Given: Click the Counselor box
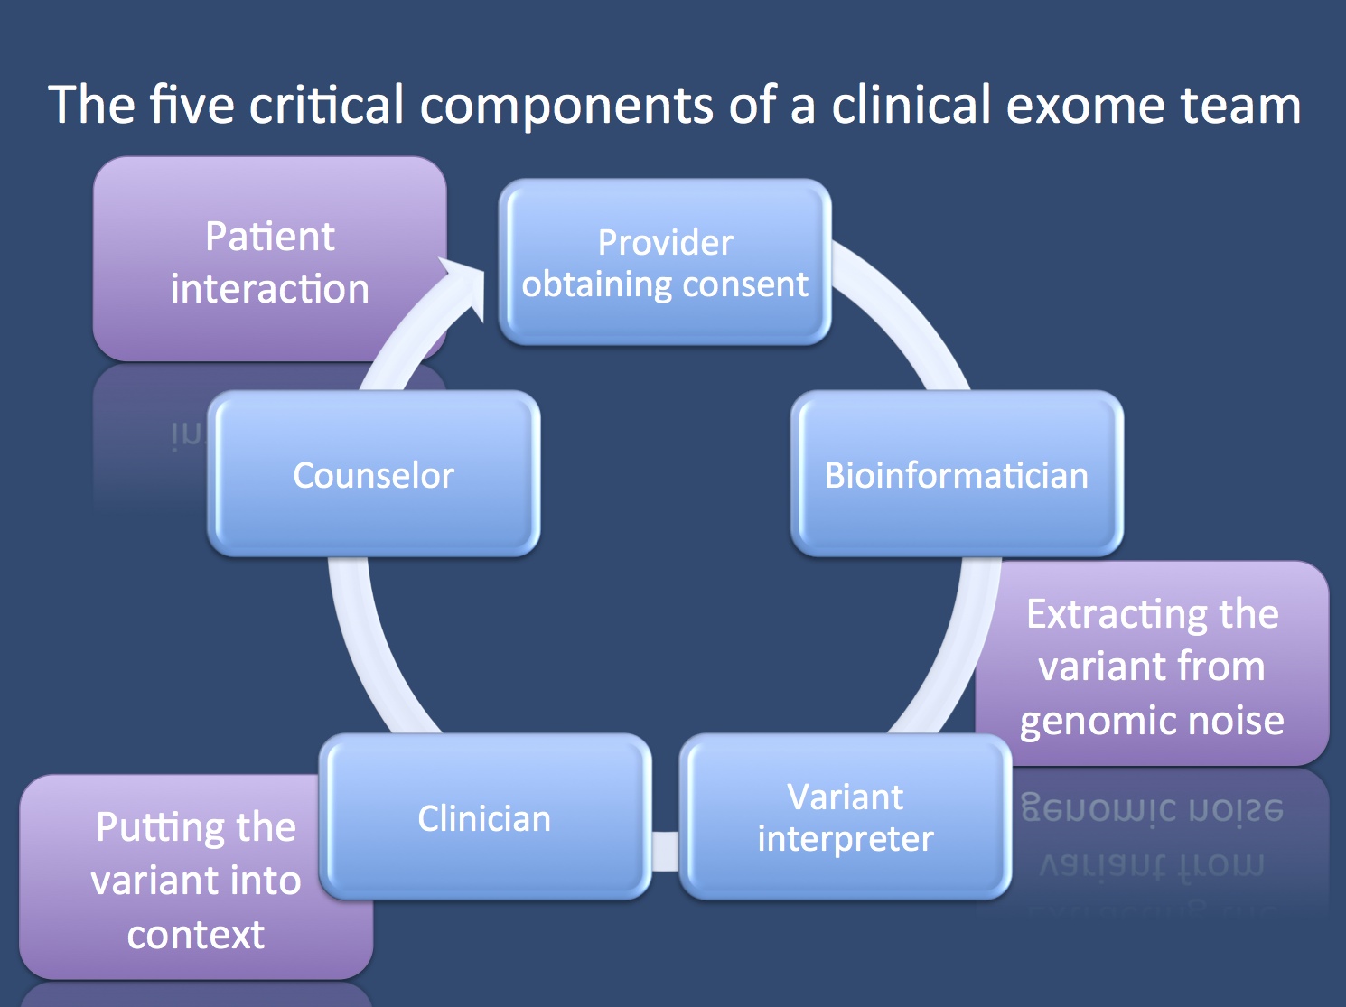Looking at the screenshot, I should pyautogui.click(x=374, y=474).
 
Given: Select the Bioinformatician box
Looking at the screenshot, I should pyautogui.click(x=957, y=474).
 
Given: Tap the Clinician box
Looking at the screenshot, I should pyautogui.click(x=485, y=817).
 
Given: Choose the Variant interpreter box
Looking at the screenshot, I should pyautogui.click(x=845, y=817).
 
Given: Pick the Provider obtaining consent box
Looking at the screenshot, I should pyautogui.click(x=665, y=262).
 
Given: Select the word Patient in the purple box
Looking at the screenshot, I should pyautogui.click(x=269, y=237).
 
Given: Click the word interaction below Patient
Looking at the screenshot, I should pyautogui.click(x=269, y=289).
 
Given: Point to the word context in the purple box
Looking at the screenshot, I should pyautogui.click(x=196, y=935).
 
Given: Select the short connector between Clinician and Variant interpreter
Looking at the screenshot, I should pyautogui.click(x=665, y=851).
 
